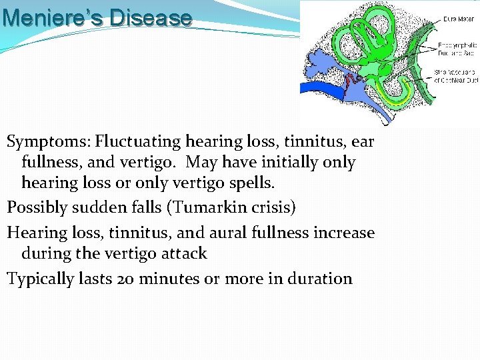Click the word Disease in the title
pos(151,17)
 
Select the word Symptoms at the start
pos(49,142)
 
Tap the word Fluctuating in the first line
pos(138,142)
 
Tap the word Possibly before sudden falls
pos(37,207)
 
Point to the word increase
pos(343,233)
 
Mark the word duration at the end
pos(319,279)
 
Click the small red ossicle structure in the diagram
pos(351,82)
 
